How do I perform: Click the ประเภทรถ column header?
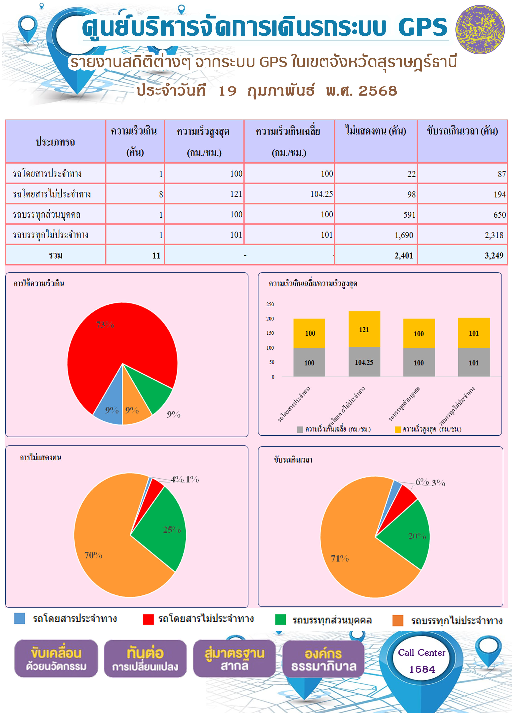pos(55,142)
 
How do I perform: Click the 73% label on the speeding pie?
pos(105,325)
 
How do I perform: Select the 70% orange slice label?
pos(93,555)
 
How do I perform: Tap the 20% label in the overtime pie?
pos(417,536)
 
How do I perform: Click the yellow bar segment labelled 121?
pos(364,329)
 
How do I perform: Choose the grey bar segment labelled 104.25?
pos(364,362)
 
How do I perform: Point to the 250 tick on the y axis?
pos(270,304)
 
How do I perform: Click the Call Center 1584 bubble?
pos(422,660)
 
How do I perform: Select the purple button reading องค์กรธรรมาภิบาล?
pos(323,659)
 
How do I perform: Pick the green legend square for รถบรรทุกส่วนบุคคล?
pos(280,619)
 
